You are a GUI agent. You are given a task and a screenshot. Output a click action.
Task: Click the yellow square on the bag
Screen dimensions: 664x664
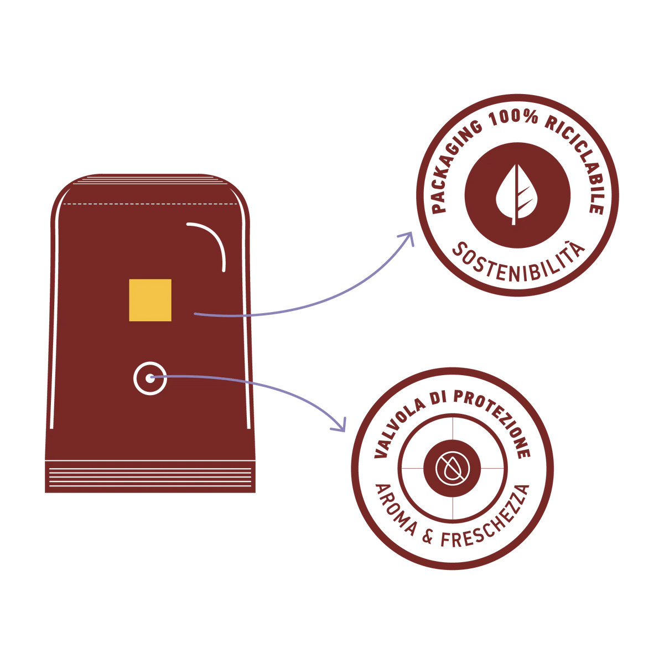pyautogui.click(x=150, y=300)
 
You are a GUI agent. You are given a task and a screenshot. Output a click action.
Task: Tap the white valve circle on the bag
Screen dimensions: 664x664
pyautogui.click(x=150, y=378)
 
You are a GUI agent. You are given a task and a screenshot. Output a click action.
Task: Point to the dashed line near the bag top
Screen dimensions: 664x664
pyautogui.click(x=151, y=204)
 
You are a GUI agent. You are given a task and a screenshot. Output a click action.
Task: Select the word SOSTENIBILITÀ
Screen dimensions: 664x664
pyautogui.click(x=518, y=263)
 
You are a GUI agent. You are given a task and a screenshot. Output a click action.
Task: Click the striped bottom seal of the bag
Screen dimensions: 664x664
pyautogui.click(x=151, y=477)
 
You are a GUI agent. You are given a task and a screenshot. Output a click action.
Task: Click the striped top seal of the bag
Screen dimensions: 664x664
pyautogui.click(x=151, y=179)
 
